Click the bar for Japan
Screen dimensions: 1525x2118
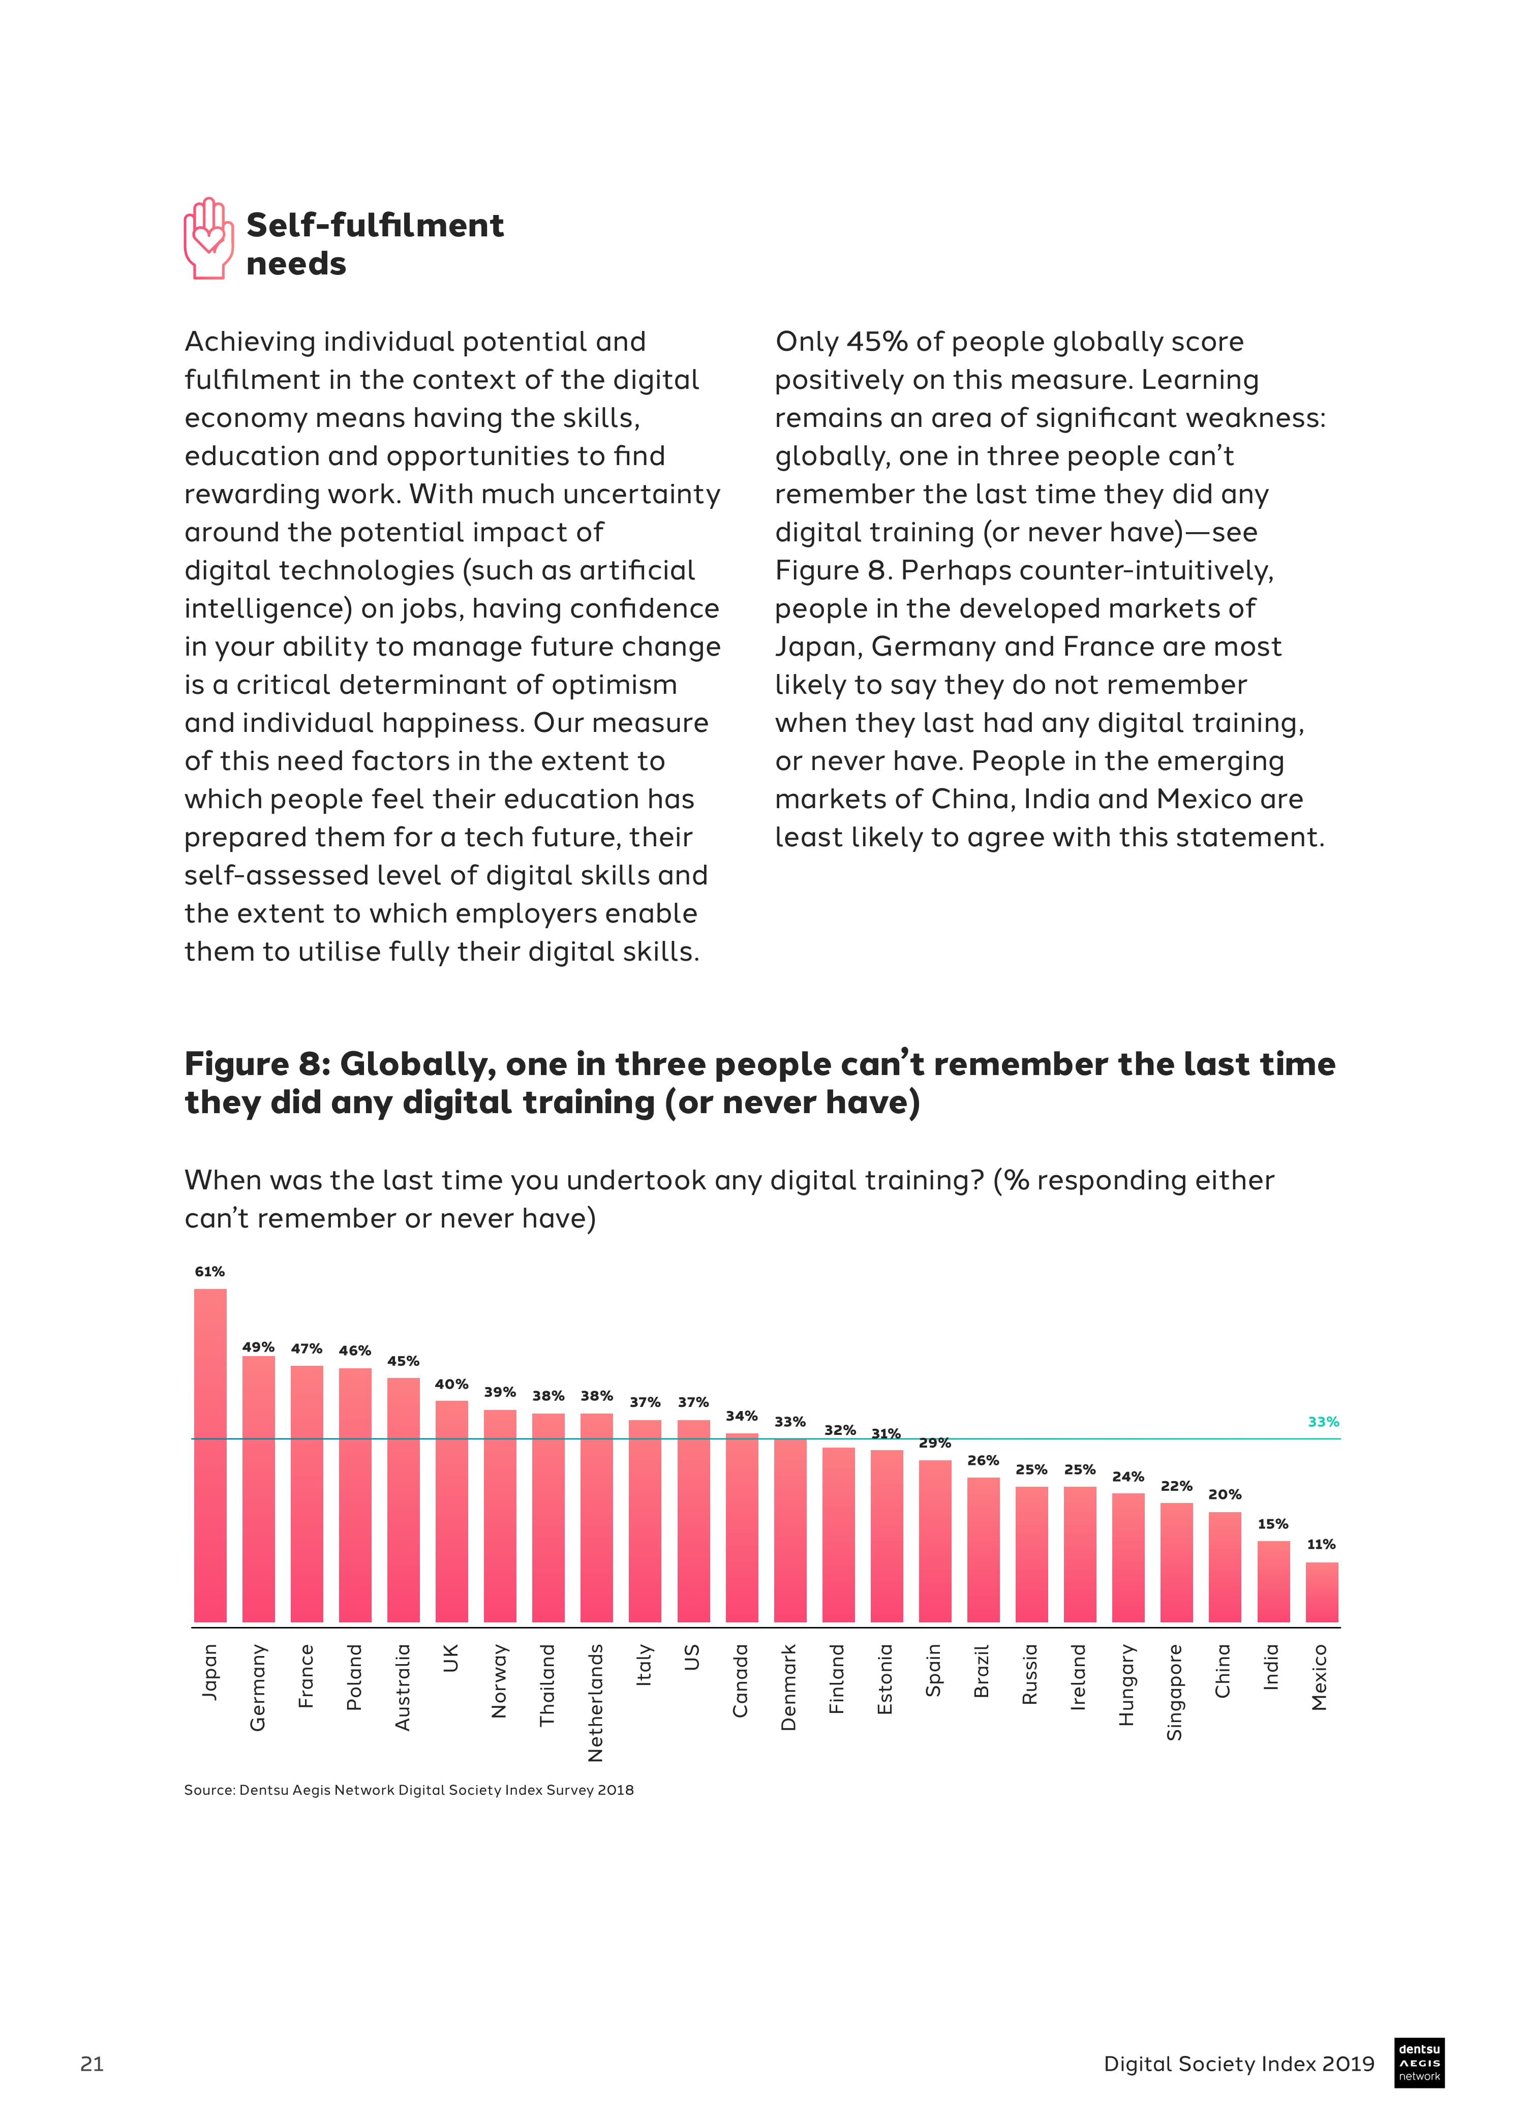(210, 1456)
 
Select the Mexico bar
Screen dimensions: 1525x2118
(1322, 1592)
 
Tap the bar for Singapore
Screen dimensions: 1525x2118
(1177, 1562)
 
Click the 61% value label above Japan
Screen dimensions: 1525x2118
(209, 1272)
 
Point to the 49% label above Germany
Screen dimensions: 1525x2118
(259, 1346)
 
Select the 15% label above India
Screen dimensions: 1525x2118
(1273, 1524)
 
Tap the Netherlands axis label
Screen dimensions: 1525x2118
(596, 1702)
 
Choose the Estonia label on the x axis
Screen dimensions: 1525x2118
(886, 1679)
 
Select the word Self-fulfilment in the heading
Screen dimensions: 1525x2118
(375, 225)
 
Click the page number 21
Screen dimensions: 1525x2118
(91, 2064)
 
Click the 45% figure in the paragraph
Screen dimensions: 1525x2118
(877, 342)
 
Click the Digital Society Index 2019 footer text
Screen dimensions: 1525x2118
(1238, 2064)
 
